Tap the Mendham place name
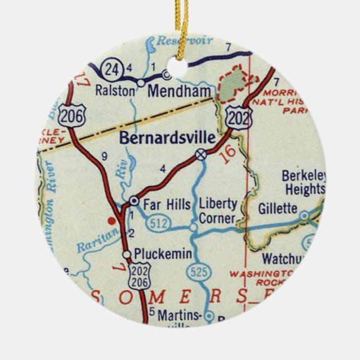[180, 91]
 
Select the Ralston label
[115, 91]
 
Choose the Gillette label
[278, 209]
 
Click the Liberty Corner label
[218, 211]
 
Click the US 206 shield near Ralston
[72, 116]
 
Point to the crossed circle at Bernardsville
[201, 154]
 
